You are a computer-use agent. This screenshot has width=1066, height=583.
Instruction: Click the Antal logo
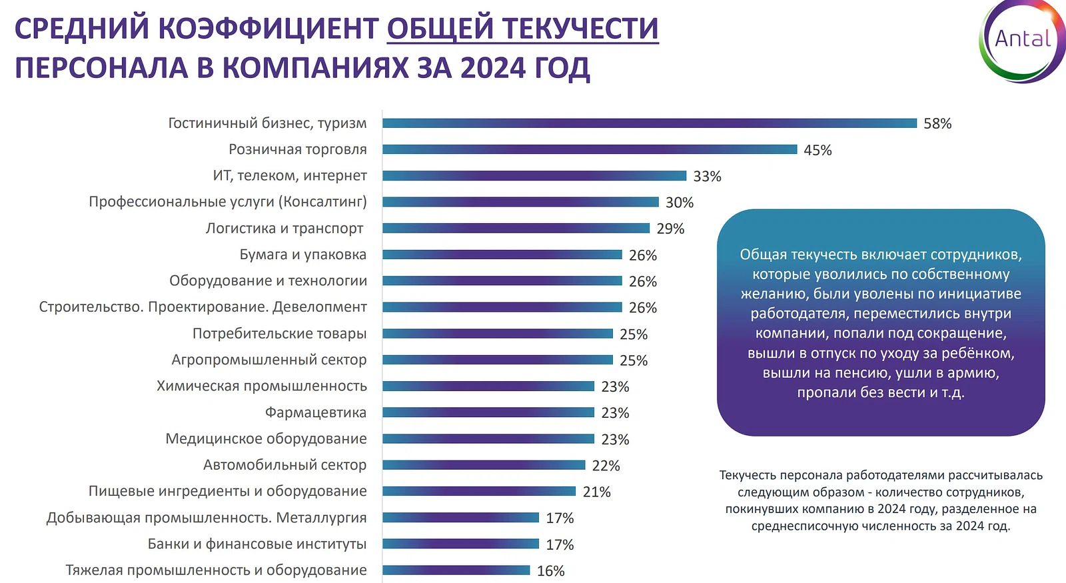coord(1022,40)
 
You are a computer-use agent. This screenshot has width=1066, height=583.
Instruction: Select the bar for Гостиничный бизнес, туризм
coord(650,123)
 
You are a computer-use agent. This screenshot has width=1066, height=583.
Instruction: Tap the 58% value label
coord(937,124)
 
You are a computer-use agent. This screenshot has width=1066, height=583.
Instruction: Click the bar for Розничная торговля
coord(590,149)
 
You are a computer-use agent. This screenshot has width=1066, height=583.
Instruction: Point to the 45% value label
coord(817,151)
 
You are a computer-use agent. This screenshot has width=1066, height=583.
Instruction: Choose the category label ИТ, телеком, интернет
coord(290,176)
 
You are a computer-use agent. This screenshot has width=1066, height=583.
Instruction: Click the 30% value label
coord(680,203)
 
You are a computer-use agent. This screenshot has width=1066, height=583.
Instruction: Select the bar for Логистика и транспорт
coord(516,229)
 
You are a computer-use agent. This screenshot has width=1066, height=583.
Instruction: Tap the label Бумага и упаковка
coord(303,255)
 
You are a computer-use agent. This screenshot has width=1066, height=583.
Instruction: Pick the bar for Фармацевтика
coord(488,412)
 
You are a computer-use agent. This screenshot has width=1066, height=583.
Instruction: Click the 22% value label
coord(606,466)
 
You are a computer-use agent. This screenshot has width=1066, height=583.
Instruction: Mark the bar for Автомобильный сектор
coord(484,465)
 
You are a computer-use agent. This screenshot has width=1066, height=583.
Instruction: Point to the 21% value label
coord(596,492)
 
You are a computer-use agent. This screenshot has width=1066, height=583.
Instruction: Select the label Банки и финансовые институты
coord(257,544)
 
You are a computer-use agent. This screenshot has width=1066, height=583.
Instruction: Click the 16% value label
coord(550,571)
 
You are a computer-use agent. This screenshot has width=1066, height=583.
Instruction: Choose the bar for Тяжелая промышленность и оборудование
coord(456,570)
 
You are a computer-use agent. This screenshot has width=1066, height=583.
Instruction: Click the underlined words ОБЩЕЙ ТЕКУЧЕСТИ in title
coord(522,29)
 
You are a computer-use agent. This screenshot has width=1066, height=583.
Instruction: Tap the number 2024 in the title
coord(493,68)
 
